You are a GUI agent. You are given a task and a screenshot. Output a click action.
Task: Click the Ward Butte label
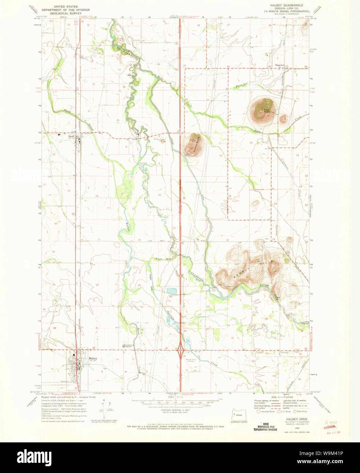coord(266,110)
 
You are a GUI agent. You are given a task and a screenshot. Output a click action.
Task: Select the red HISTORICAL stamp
coord(329,426)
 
